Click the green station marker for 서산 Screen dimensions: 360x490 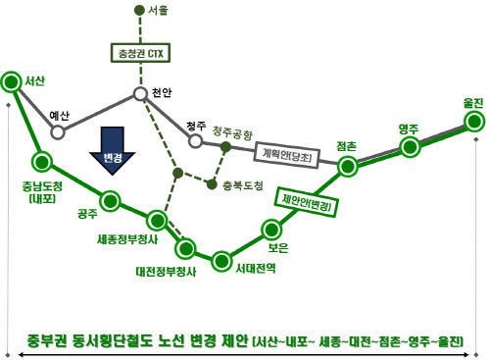click(13, 81)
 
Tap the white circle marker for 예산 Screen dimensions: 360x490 click(58, 131)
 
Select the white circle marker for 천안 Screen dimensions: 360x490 click(140, 95)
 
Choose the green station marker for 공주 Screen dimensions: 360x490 click(111, 203)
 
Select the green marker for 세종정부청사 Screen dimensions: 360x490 click(155, 219)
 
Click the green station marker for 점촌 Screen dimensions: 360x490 click(346, 166)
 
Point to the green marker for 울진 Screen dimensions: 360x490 click(474, 121)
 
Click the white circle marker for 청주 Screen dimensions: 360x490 click(195, 141)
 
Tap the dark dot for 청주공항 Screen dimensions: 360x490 click(225, 147)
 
